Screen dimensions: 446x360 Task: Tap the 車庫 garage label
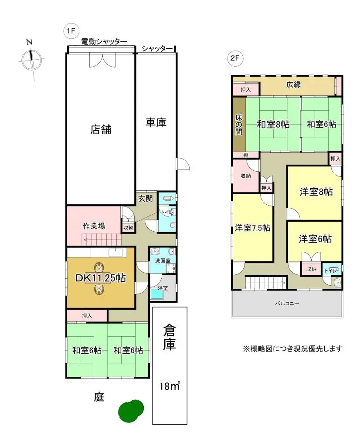tap(156, 123)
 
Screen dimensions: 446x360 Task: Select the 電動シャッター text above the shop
tap(104, 41)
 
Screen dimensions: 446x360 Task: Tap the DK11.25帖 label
tap(101, 278)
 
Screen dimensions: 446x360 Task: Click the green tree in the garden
tap(131, 410)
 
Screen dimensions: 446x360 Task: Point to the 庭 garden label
tap(99, 397)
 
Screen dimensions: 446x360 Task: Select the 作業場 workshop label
tap(94, 226)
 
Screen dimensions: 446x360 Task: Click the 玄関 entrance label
tap(145, 199)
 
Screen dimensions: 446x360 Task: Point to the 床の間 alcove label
tap(238, 124)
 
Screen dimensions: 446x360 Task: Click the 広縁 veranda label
tap(293, 84)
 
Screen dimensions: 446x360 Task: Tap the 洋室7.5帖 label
tap(252, 228)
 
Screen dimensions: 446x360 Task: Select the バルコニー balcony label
tap(286, 303)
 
